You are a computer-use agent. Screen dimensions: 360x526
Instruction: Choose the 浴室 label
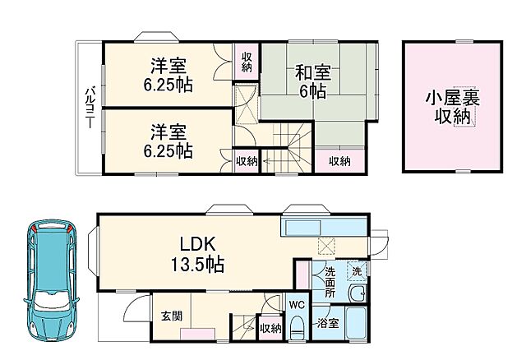pos(328,324)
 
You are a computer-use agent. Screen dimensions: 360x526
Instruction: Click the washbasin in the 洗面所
pos(357,295)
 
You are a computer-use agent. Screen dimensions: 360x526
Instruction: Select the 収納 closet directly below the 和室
pos(339,161)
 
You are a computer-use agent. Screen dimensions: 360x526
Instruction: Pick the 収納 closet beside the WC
pos(270,326)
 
